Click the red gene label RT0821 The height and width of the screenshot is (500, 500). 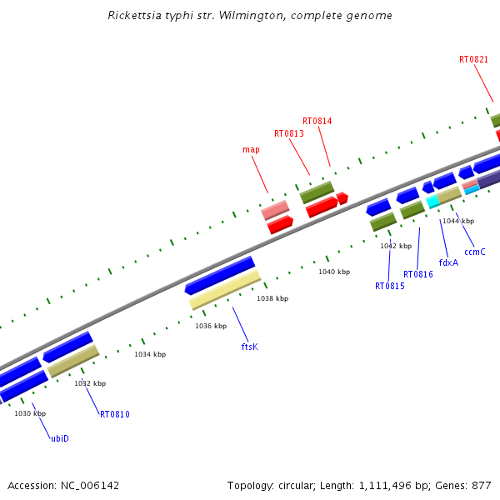tap(473, 59)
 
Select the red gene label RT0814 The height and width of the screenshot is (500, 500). tap(317, 121)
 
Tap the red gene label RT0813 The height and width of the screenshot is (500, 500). tap(288, 133)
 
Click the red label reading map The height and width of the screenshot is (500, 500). tap(251, 150)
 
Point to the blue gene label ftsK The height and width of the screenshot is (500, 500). tap(249, 346)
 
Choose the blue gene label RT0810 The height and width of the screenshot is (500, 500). tap(115, 414)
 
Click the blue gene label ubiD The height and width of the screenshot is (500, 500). tap(60, 438)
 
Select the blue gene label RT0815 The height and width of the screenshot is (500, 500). tap(389, 286)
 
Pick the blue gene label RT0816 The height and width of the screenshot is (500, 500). tap(417, 274)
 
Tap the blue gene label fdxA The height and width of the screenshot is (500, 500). tap(448, 262)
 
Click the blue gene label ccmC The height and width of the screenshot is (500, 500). tap(474, 252)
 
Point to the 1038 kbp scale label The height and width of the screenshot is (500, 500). tap(272, 298)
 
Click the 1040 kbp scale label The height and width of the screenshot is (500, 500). tap(333, 272)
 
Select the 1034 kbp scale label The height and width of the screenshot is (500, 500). tap(150, 354)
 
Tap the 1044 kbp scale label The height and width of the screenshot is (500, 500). tap(457, 221)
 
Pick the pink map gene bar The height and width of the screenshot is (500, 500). tap(275, 209)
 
